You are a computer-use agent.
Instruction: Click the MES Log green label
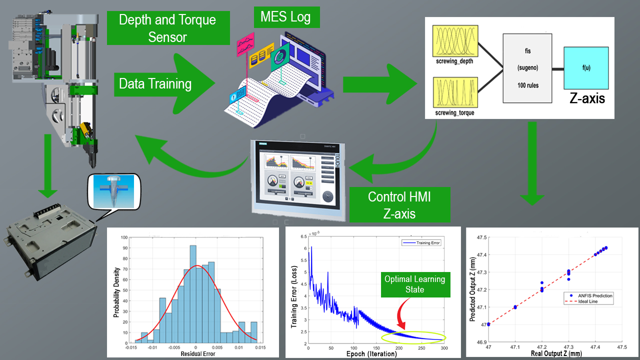(285, 17)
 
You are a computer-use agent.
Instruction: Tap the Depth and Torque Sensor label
(167, 28)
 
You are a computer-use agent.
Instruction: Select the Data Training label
(155, 83)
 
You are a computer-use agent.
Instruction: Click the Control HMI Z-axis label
(399, 204)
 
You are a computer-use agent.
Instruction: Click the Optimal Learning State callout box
(415, 284)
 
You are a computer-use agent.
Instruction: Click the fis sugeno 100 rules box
(527, 68)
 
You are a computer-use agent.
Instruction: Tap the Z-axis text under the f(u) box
(587, 98)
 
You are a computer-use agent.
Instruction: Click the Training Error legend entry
(421, 242)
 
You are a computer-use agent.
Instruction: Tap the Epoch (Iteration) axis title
(371, 353)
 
